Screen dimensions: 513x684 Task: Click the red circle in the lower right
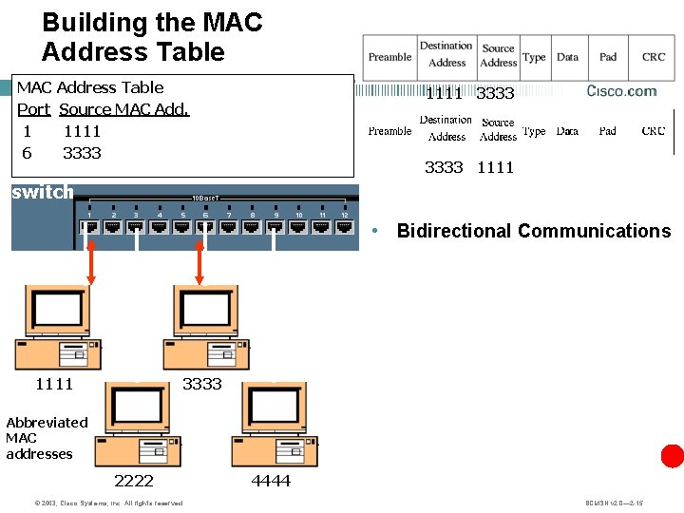tap(673, 456)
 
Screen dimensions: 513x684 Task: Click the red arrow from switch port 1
tap(91, 260)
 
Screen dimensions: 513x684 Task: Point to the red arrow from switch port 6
tap(199, 260)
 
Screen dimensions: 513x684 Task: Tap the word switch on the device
tap(42, 193)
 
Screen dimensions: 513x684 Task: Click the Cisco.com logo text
tap(621, 91)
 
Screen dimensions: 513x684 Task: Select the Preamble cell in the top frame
tap(389, 57)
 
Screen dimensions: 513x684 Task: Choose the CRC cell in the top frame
tap(654, 57)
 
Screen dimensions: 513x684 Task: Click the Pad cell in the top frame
tap(608, 57)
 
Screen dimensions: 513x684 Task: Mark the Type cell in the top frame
tap(534, 57)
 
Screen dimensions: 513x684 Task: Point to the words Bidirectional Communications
tap(533, 231)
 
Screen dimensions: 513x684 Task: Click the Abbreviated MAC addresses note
tap(47, 438)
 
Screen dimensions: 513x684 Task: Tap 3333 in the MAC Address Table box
tap(82, 153)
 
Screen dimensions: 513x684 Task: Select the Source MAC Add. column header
tap(123, 109)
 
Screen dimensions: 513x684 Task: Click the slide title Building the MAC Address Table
tap(152, 37)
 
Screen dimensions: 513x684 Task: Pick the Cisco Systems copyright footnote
tap(94, 503)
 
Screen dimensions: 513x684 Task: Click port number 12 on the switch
tap(345, 216)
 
